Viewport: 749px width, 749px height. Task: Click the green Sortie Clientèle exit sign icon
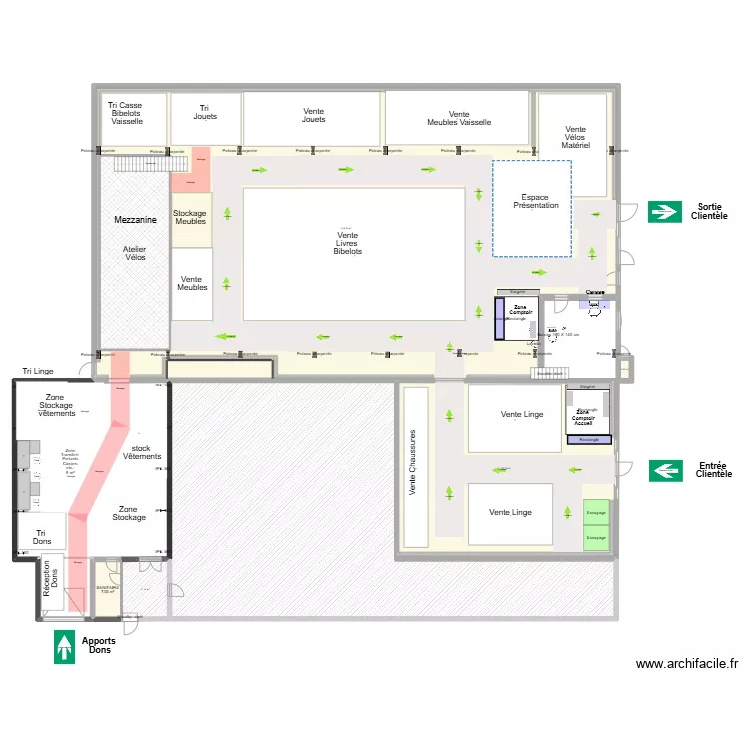point(663,211)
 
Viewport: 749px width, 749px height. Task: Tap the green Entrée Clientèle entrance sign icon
point(666,469)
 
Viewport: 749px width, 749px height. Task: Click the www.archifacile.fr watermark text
point(686,664)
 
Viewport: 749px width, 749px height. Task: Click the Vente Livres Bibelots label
point(348,243)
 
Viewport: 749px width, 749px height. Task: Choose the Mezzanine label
point(130,219)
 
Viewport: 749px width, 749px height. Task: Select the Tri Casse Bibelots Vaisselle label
point(127,113)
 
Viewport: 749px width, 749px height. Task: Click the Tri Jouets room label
point(205,112)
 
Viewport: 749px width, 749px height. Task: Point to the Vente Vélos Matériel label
point(575,137)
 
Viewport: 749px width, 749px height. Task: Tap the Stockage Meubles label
point(190,217)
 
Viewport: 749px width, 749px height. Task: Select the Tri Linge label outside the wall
point(36,371)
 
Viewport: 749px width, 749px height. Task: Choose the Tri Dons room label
point(41,537)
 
